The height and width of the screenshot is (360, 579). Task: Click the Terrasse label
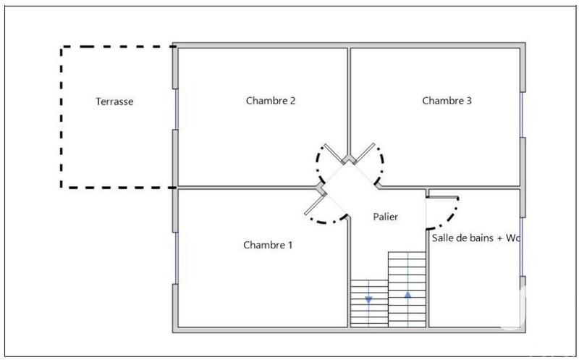114,101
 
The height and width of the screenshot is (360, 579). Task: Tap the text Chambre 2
271,101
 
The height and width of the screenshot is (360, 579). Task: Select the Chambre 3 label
447,101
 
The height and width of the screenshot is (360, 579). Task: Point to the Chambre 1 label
268,245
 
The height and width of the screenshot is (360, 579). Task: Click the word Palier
385,217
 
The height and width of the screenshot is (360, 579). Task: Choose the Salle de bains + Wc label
476,238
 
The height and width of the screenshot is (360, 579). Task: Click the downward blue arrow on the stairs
368,298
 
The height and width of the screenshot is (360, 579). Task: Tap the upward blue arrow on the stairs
407,295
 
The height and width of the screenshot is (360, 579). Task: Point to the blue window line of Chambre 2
176,109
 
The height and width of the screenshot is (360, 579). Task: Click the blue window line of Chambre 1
176,257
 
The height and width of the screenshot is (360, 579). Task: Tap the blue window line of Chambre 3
522,114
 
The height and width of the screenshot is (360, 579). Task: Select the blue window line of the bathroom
522,246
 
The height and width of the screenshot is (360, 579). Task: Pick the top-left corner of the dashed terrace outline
62,47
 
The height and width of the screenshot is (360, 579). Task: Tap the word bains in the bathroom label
478,238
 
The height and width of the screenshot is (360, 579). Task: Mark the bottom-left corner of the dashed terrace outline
62,187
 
